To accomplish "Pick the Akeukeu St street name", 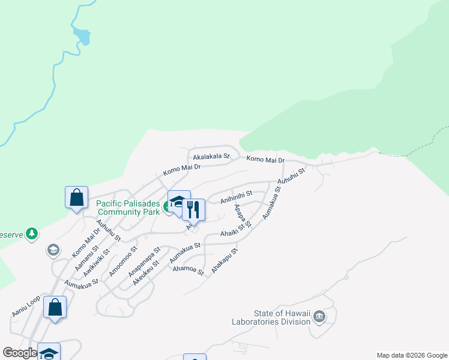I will coord(146,271).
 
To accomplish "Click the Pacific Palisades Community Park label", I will coord(128,208).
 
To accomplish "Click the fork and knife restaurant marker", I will coord(193,209).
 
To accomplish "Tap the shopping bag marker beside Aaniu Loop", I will coord(55,308).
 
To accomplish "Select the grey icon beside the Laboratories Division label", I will coord(319,316).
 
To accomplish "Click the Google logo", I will coord(20,353).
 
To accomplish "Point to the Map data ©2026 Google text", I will coord(411,355).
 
